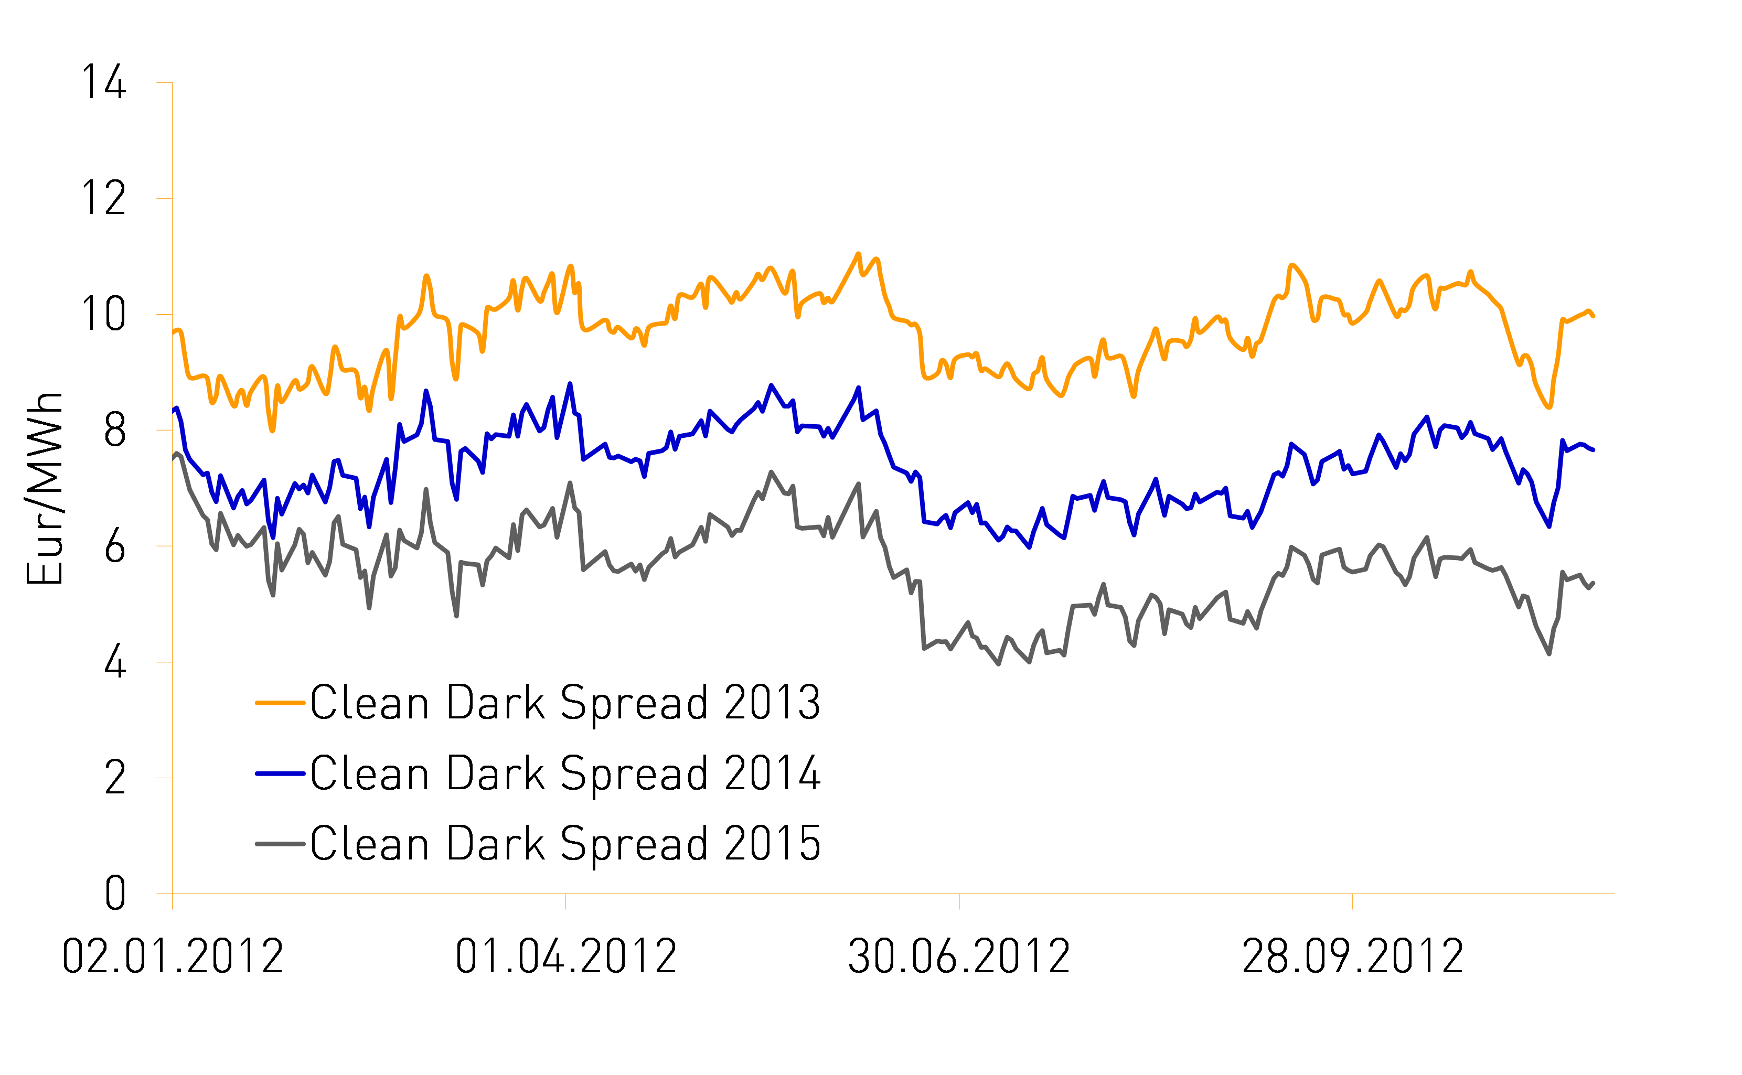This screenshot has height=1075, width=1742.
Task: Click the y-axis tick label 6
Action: (x=115, y=547)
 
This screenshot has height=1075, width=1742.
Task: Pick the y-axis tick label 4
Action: (x=115, y=663)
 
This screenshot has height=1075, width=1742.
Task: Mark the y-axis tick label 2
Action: (x=115, y=779)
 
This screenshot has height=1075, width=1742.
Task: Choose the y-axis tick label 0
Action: (x=115, y=894)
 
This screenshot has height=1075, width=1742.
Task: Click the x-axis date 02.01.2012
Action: (x=173, y=957)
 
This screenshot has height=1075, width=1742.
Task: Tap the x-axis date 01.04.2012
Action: (x=566, y=957)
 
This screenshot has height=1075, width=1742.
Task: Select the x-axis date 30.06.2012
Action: (x=959, y=957)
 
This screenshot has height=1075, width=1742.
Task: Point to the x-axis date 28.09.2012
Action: (x=1352, y=957)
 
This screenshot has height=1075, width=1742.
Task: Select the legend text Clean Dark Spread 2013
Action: (x=565, y=703)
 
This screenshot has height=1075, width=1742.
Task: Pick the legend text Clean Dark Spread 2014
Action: (x=565, y=773)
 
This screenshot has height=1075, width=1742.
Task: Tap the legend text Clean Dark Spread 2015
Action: (x=565, y=844)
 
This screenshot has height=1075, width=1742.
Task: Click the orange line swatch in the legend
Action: (x=280, y=703)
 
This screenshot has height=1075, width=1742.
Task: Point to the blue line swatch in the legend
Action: (x=280, y=773)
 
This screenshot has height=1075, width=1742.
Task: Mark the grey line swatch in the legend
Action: (x=280, y=844)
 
